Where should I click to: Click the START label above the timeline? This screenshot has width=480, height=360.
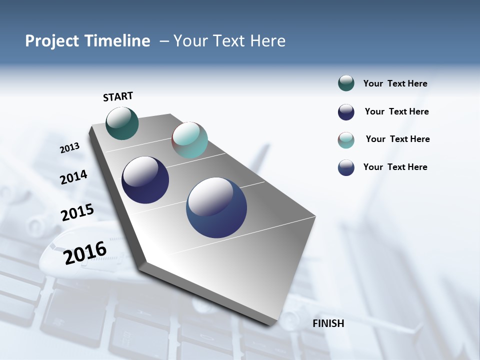[x=118, y=96]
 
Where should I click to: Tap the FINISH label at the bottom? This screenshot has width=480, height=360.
[x=328, y=323]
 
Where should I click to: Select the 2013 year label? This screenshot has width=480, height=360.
[x=69, y=148]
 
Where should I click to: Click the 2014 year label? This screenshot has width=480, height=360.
[x=73, y=177]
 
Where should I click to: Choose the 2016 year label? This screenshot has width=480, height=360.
[x=85, y=252]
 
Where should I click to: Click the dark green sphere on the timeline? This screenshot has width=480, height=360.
[x=122, y=123]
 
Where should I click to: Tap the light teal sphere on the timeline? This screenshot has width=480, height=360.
[x=189, y=140]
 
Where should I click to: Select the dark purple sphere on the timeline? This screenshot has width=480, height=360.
[x=145, y=180]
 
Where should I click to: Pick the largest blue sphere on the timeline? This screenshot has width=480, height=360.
[x=216, y=207]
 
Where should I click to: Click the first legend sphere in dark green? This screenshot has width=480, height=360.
[x=346, y=83]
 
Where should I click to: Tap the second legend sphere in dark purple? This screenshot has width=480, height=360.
[x=346, y=112]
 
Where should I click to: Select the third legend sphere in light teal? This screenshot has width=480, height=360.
[x=346, y=140]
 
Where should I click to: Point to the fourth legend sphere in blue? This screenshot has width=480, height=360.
[x=346, y=167]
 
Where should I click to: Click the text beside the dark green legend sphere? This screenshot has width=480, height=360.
[x=395, y=84]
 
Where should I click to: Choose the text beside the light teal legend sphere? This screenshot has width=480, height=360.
[x=397, y=139]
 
